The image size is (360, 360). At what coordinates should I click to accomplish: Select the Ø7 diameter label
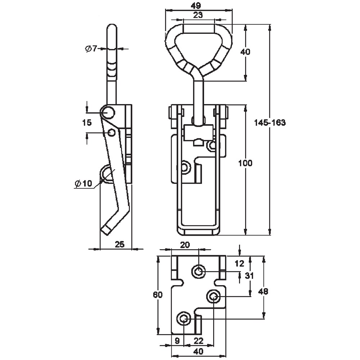[x=91, y=49]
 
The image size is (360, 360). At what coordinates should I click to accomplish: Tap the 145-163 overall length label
[x=270, y=122]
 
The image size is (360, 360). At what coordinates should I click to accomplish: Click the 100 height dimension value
[x=246, y=163]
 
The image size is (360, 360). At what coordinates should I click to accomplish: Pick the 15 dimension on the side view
[x=87, y=122]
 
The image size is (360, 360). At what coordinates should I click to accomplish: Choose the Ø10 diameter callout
[x=83, y=184]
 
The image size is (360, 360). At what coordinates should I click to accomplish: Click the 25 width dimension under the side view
[x=120, y=244]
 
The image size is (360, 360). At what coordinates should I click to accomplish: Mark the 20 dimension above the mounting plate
[x=185, y=245]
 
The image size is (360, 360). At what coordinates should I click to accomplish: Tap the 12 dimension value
[x=239, y=264]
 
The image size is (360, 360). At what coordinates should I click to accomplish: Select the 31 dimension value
[x=249, y=276]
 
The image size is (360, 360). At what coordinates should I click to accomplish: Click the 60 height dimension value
[x=158, y=295]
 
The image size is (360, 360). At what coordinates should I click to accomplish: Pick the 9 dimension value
[x=177, y=339]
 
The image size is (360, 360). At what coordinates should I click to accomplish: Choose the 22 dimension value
[x=199, y=339]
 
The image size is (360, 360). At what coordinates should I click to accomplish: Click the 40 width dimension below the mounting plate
[x=198, y=351]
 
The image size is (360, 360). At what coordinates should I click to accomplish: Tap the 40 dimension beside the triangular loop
[x=245, y=52]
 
